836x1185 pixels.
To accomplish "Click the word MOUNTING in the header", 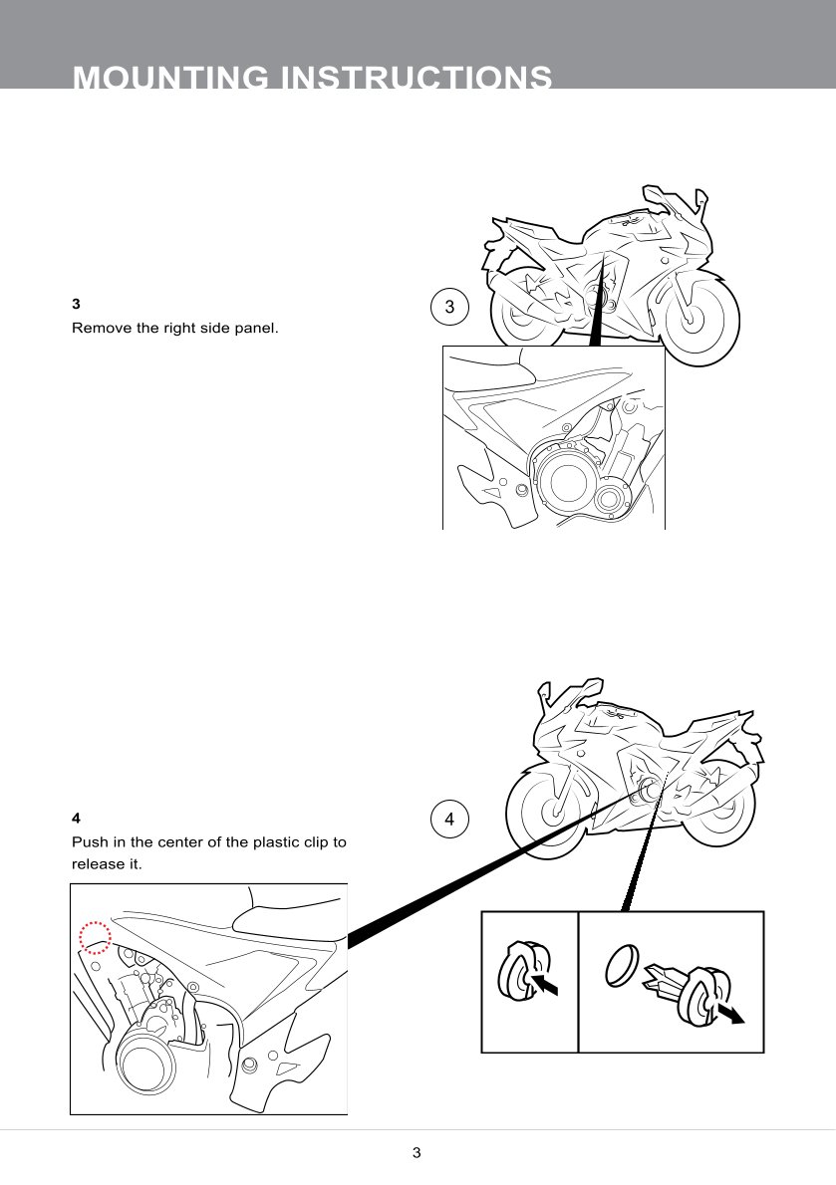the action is click(x=170, y=77).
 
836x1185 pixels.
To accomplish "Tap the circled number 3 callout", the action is click(x=449, y=307).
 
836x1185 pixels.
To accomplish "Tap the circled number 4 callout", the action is click(x=449, y=820).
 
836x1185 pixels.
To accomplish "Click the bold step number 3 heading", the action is click(x=76, y=304).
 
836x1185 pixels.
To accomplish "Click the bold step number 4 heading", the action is click(x=76, y=818).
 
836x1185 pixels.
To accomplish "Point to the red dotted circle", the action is click(x=96, y=938).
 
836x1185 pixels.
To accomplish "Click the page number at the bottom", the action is click(x=417, y=1152).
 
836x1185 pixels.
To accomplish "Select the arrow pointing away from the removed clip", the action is click(x=730, y=1013).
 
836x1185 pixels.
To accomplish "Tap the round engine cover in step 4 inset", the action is click(x=145, y=1063).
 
